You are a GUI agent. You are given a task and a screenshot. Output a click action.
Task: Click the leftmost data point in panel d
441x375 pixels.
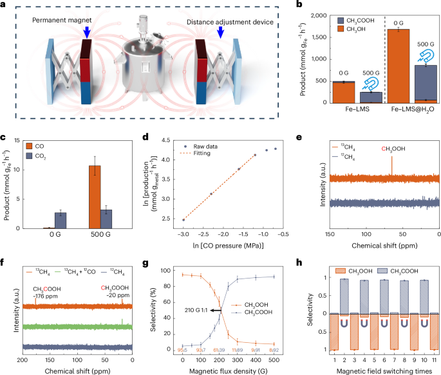pos(183,220)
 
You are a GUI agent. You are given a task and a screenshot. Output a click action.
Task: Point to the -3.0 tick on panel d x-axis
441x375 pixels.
pos(183,237)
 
